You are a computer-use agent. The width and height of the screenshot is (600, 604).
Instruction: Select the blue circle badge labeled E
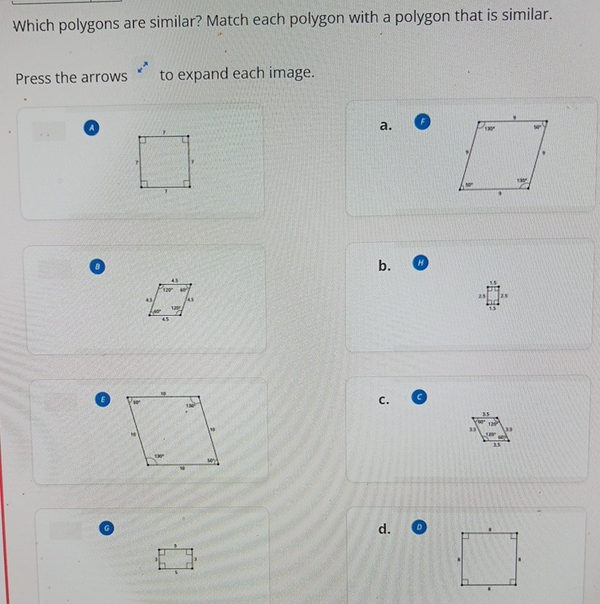102,399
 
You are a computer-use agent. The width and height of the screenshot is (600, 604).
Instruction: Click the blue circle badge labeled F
420,123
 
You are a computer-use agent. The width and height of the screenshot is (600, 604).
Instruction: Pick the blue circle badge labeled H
419,262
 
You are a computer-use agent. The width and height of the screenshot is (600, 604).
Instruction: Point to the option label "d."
385,530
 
